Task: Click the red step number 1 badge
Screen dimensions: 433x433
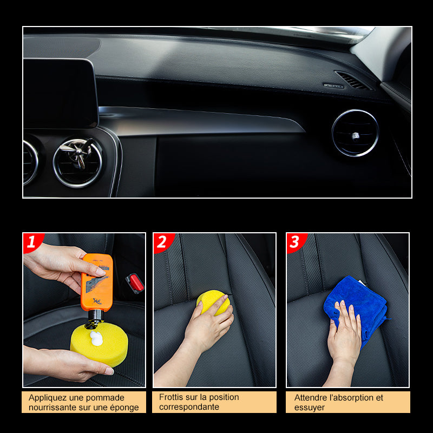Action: coord(32,242)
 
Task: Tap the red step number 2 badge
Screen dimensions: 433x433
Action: coord(163,242)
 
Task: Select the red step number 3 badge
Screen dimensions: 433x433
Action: coord(296,242)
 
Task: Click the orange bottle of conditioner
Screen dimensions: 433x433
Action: coord(97,283)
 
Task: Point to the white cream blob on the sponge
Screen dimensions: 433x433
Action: coord(96,339)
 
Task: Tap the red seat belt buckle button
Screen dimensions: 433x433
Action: coord(135,283)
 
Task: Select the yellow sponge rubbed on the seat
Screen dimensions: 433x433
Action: coord(213,301)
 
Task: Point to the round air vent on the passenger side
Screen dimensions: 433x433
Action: coord(355,133)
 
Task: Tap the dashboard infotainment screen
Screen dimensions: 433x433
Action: coord(60,93)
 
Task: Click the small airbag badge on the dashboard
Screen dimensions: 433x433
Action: coord(333,86)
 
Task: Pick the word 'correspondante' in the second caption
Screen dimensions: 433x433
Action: coord(189,407)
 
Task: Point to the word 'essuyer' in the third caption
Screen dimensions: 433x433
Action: coord(309,408)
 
